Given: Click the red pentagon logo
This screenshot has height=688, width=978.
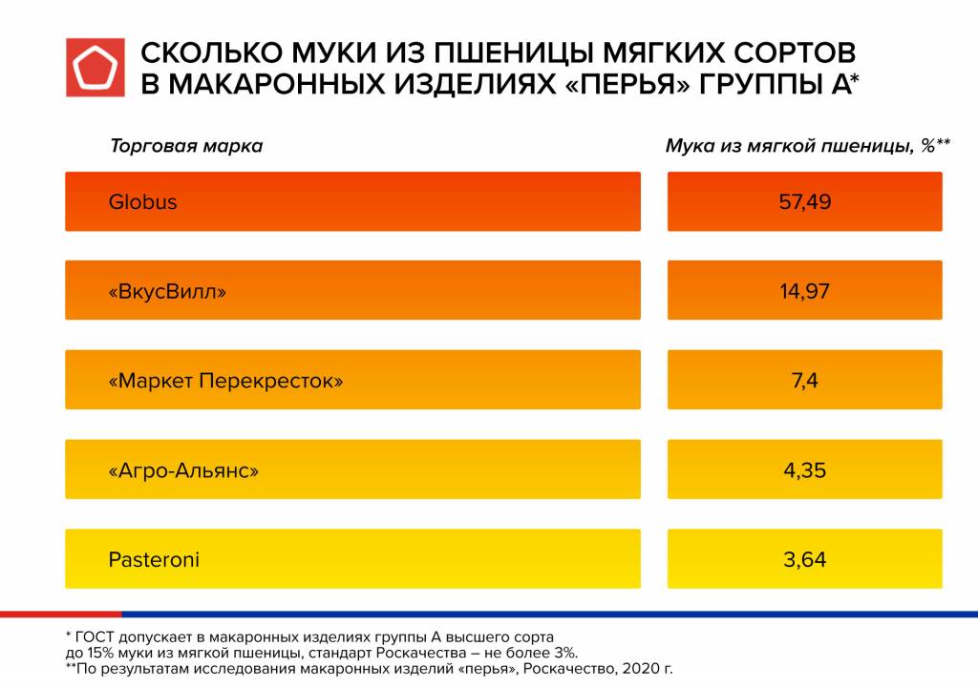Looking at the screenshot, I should (x=95, y=67).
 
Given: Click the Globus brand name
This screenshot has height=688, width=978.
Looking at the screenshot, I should (x=142, y=202).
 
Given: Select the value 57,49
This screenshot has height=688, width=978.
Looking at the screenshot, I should (x=804, y=202).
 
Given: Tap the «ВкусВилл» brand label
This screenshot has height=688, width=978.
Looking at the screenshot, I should (x=168, y=291).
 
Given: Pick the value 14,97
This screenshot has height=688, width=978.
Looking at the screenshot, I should (x=804, y=291).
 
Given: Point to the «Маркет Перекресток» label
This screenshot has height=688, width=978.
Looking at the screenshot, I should (x=225, y=381).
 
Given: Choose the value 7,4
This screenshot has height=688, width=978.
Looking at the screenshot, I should (x=804, y=381).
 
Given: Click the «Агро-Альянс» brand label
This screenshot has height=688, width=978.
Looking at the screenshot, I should (x=184, y=470).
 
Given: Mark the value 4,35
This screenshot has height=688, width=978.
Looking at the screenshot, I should (x=804, y=470).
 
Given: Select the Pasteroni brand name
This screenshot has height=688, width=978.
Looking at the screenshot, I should (x=154, y=559).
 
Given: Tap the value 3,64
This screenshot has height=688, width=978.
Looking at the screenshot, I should (x=804, y=559).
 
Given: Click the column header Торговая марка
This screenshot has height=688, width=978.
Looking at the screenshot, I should (x=186, y=147).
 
